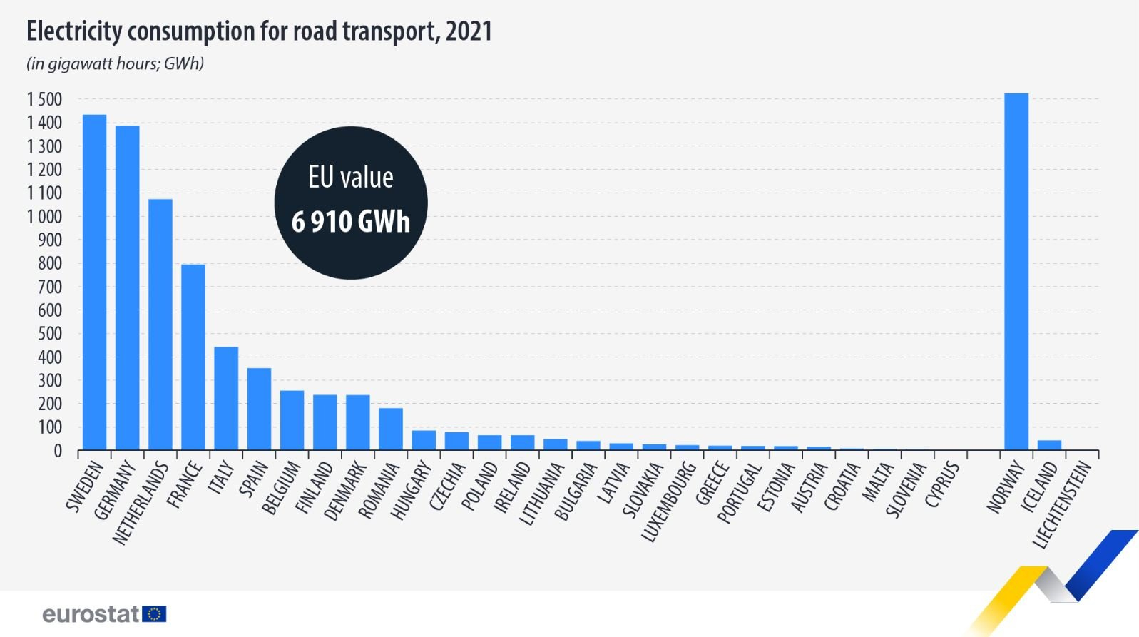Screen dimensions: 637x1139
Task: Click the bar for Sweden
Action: (x=94, y=282)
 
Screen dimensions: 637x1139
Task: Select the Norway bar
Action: (x=1016, y=271)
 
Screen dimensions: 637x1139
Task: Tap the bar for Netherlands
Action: (x=160, y=324)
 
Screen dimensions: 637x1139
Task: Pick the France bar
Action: (x=193, y=357)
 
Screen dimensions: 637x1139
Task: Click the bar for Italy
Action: (x=226, y=398)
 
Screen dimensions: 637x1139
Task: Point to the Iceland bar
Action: (x=1049, y=445)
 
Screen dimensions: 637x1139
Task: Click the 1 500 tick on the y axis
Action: (x=44, y=99)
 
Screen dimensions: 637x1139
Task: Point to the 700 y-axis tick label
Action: (x=49, y=287)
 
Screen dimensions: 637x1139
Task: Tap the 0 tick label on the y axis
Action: (x=58, y=452)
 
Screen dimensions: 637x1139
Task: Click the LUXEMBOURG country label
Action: (x=668, y=501)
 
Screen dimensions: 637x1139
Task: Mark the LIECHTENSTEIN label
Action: (x=1062, y=504)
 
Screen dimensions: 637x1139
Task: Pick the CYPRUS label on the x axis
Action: (x=942, y=485)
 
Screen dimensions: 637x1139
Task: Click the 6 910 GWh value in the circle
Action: (x=351, y=222)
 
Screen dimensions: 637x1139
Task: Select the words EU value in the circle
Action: (x=351, y=177)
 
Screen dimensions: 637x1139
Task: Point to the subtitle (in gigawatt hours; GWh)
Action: (x=116, y=63)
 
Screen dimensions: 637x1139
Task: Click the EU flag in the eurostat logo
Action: (x=154, y=614)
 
